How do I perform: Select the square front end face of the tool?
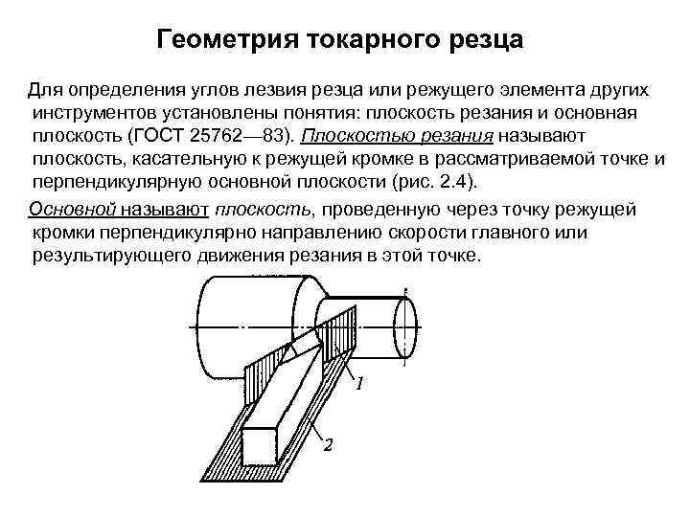[x=261, y=446]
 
